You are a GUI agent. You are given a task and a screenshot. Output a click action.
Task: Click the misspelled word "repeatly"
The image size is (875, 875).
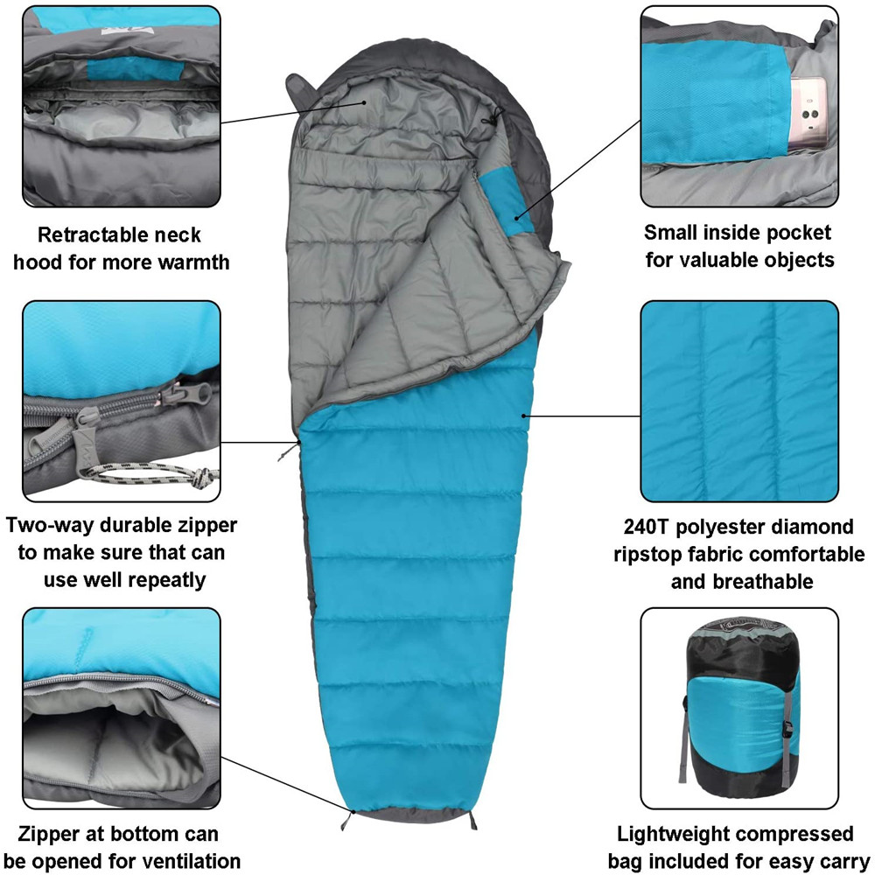coord(176,579)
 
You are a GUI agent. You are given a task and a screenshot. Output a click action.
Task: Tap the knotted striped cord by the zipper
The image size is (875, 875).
coord(197,477)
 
